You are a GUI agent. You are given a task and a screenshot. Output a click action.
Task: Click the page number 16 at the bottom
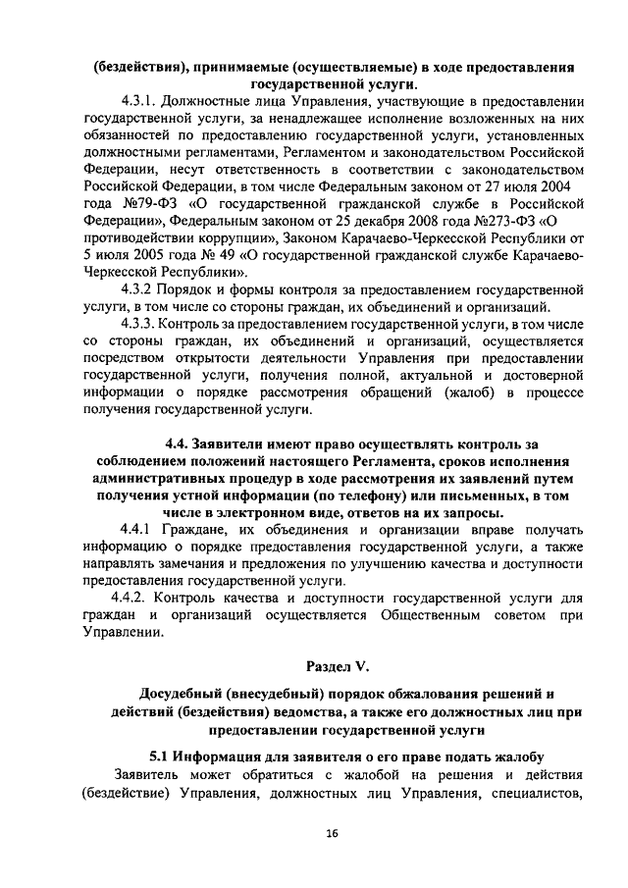click(x=332, y=833)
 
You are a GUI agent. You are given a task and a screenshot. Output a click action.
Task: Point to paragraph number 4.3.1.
click(x=139, y=100)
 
